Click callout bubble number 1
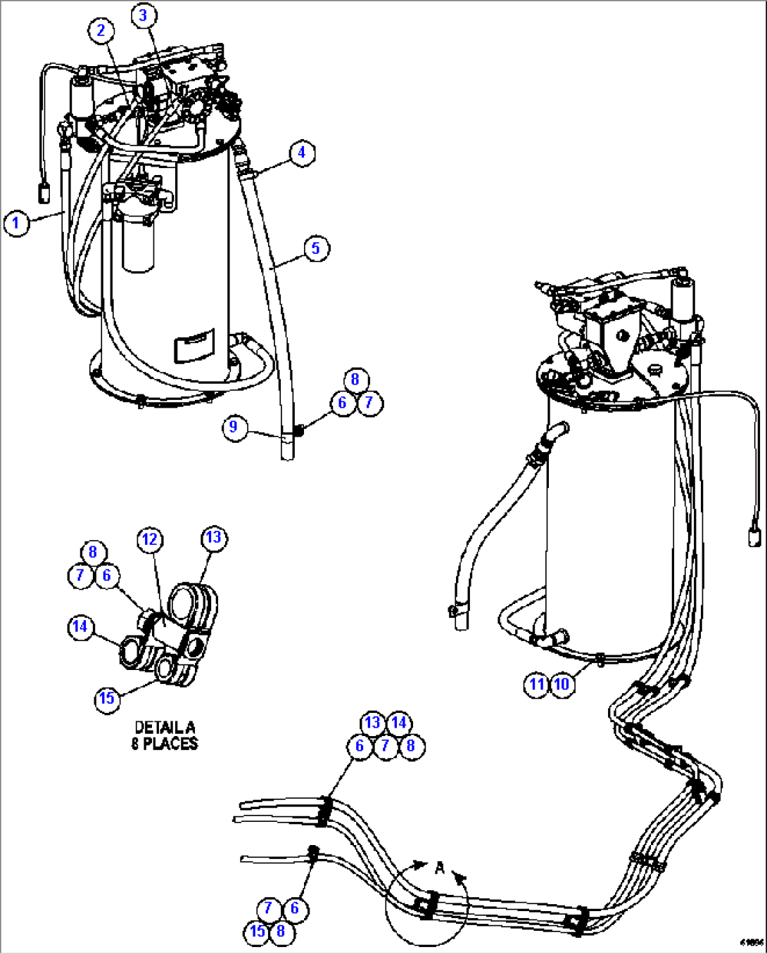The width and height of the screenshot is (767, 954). pyautogui.click(x=16, y=224)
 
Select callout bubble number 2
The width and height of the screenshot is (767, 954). pyautogui.click(x=101, y=30)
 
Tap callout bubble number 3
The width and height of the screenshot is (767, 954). pyautogui.click(x=144, y=15)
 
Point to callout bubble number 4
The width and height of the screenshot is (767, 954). pyautogui.click(x=302, y=153)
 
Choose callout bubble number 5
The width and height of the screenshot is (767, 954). pyautogui.click(x=316, y=248)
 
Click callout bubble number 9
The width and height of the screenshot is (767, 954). pyautogui.click(x=234, y=427)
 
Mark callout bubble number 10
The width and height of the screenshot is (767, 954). pyautogui.click(x=562, y=684)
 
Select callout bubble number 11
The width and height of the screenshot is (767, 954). pyautogui.click(x=537, y=684)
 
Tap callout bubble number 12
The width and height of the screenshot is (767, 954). pyautogui.click(x=150, y=540)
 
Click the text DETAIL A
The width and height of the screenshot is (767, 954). pyautogui.click(x=165, y=728)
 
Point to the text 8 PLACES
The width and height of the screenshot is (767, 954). pyautogui.click(x=165, y=744)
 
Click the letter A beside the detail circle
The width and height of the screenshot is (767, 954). pyautogui.click(x=440, y=868)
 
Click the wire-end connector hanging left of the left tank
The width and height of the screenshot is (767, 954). pyautogui.click(x=44, y=192)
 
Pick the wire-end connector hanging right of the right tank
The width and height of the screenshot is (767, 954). pyautogui.click(x=754, y=537)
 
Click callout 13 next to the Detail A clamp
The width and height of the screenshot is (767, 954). pyautogui.click(x=213, y=538)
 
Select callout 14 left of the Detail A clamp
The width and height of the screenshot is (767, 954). pyautogui.click(x=81, y=626)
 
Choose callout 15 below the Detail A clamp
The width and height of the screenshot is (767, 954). pyautogui.click(x=107, y=698)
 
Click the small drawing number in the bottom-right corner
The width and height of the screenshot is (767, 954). pyautogui.click(x=752, y=943)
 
